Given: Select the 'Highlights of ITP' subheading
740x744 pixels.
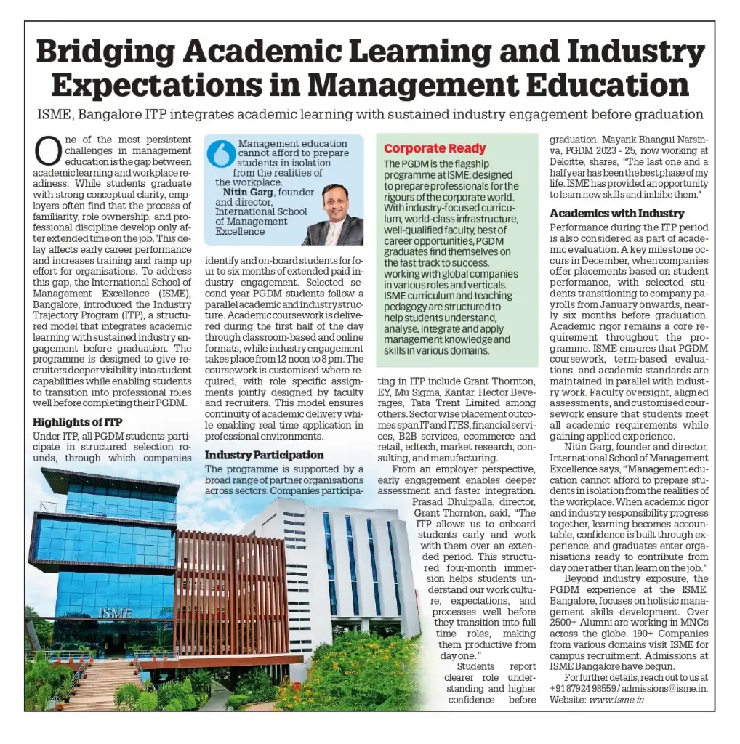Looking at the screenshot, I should point(78,422).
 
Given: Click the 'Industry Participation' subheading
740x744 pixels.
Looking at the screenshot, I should point(264,455).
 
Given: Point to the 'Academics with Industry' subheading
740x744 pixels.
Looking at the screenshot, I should point(616,213).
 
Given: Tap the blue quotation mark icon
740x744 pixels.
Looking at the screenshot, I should point(221,154).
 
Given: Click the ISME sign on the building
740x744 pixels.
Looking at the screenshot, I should point(114,612).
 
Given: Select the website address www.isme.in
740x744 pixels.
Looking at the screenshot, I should point(616,700).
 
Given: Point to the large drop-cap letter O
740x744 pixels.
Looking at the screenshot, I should point(47,151).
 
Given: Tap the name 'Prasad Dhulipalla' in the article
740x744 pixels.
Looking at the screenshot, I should point(452,501).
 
